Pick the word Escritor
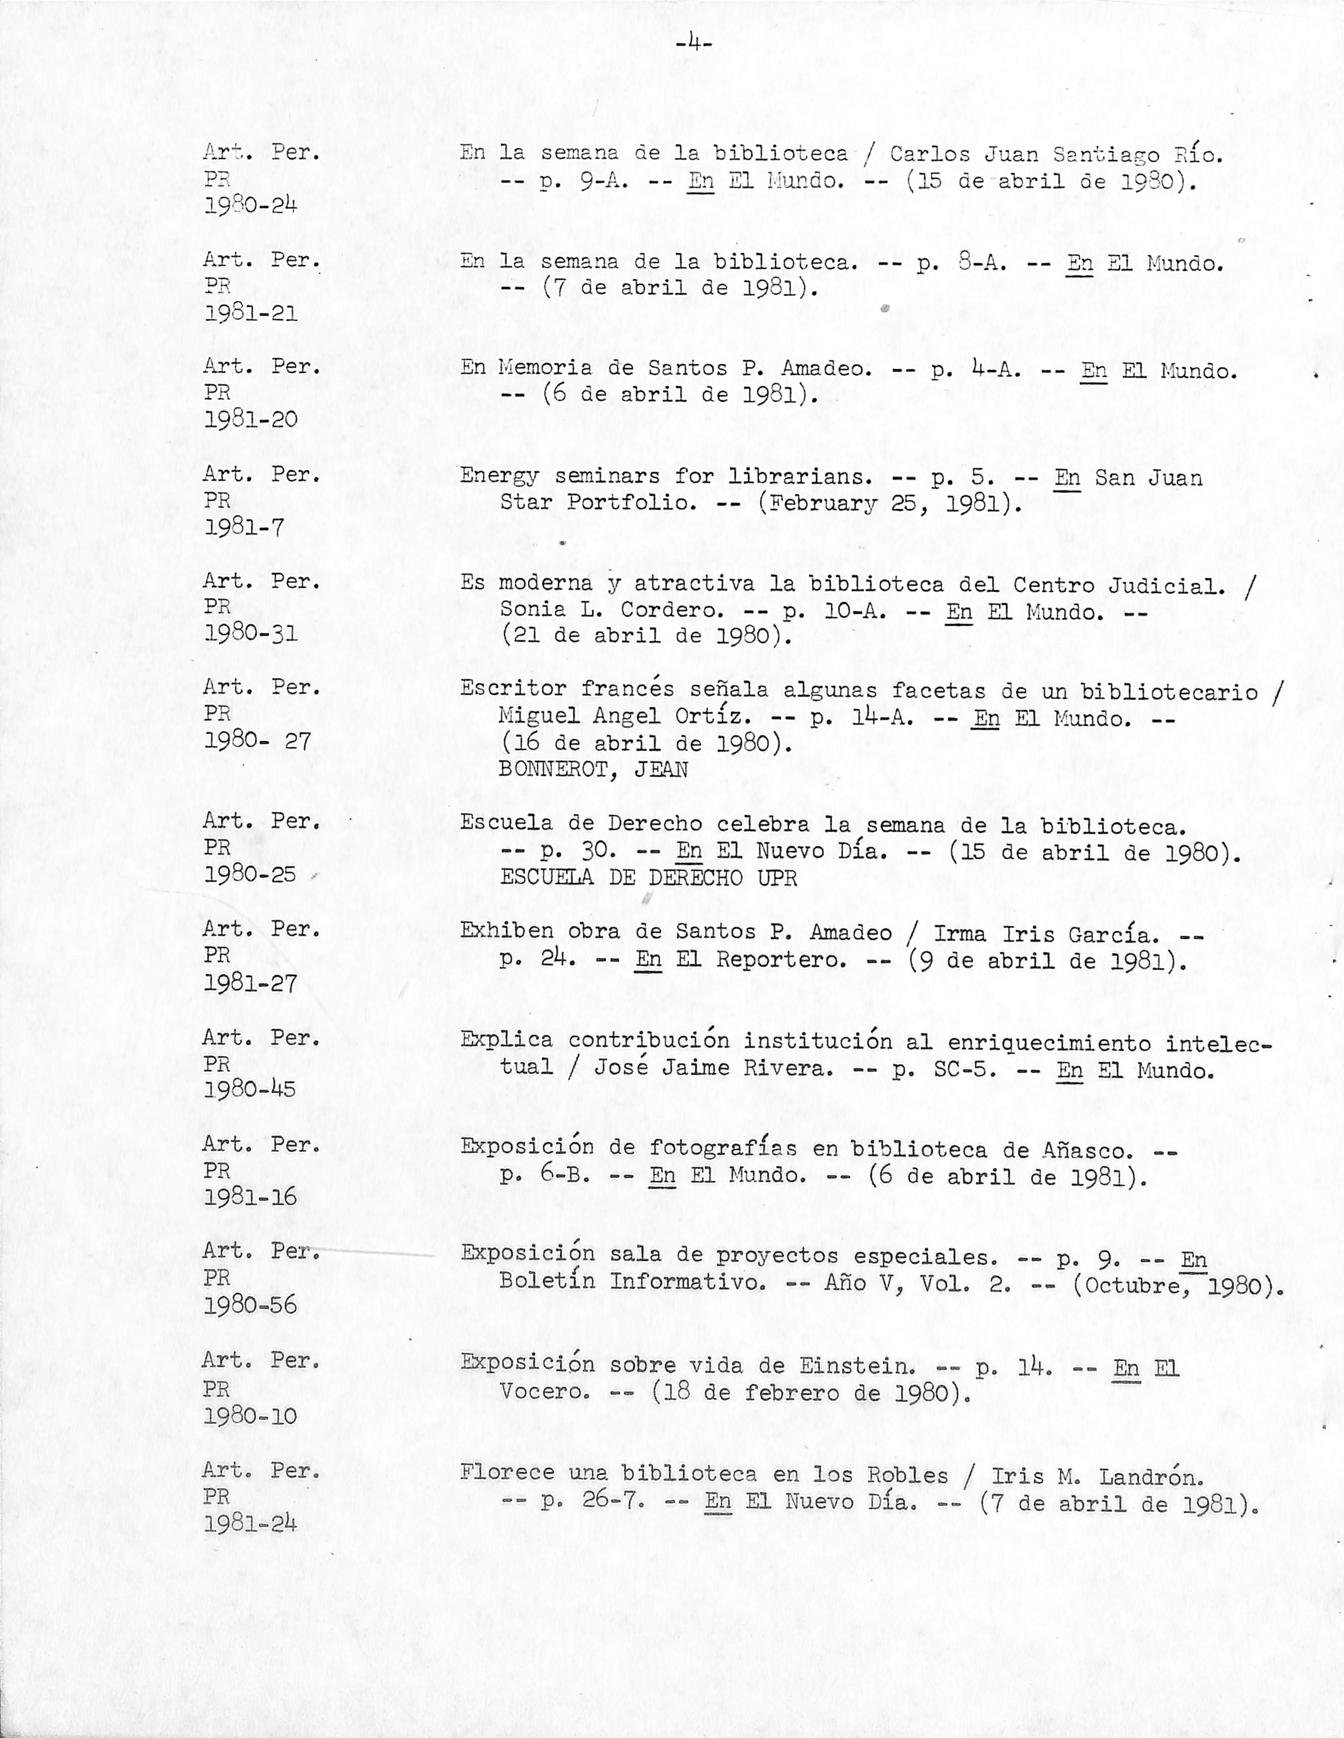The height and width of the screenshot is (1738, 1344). click(x=513, y=689)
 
